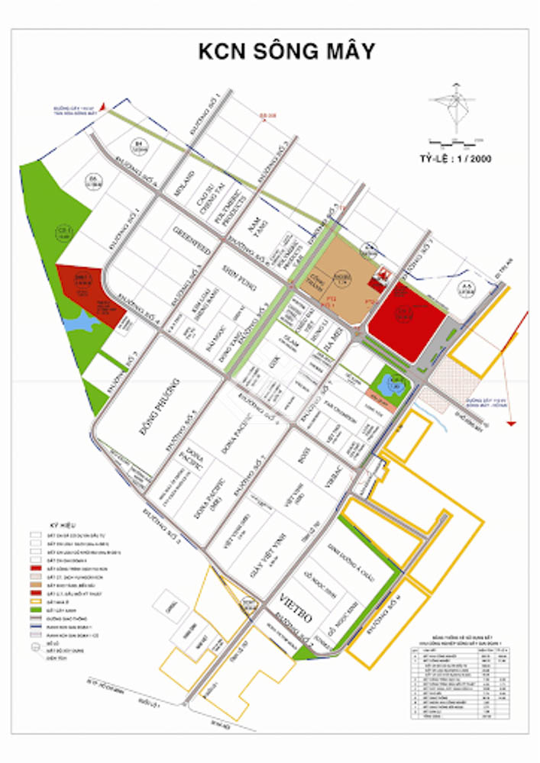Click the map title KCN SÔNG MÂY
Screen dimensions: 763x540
tap(286, 52)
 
